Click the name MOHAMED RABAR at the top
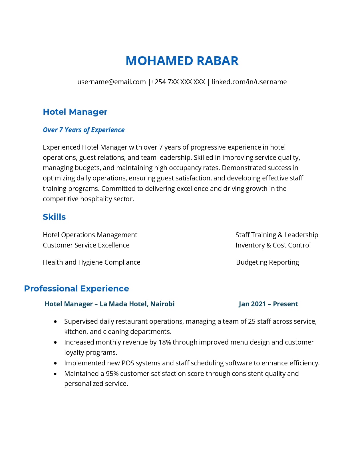point(182,61)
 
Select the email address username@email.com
point(111,82)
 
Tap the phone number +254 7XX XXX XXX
point(178,82)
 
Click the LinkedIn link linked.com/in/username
point(249,82)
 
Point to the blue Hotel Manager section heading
point(75,112)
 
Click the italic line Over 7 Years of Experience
point(84,130)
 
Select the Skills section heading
point(54,217)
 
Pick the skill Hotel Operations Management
point(90,235)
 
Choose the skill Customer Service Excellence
point(86,245)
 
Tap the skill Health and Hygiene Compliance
point(91,262)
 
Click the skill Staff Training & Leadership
point(277,235)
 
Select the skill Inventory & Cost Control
point(273,245)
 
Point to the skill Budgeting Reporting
point(268,262)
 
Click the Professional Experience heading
point(77,289)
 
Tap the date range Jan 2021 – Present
point(268,304)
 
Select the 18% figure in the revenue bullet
point(165,342)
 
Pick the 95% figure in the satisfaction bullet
point(112,374)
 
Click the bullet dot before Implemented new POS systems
point(55,363)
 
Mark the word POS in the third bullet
point(128,363)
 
